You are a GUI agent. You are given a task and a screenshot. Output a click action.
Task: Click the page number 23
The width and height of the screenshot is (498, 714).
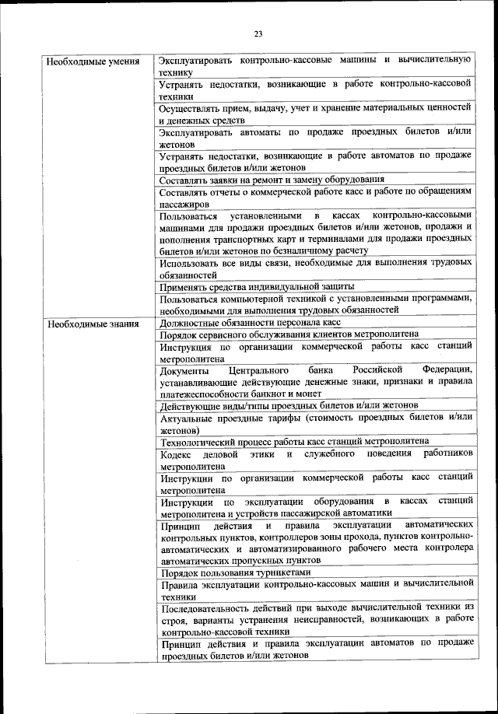point(258,33)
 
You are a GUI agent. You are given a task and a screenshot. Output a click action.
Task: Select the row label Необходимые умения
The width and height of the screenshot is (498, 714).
point(88,61)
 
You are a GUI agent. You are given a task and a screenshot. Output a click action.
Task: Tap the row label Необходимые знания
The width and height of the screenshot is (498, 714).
point(88,323)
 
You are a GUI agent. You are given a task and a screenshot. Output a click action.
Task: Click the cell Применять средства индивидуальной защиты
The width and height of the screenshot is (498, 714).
point(256,286)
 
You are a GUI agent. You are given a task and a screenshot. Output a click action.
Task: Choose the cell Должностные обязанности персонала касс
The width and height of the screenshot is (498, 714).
point(250,322)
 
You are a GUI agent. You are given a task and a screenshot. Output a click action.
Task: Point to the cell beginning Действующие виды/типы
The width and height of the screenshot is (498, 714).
point(289,405)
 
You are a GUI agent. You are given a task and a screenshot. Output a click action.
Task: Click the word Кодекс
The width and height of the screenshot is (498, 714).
point(176,453)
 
